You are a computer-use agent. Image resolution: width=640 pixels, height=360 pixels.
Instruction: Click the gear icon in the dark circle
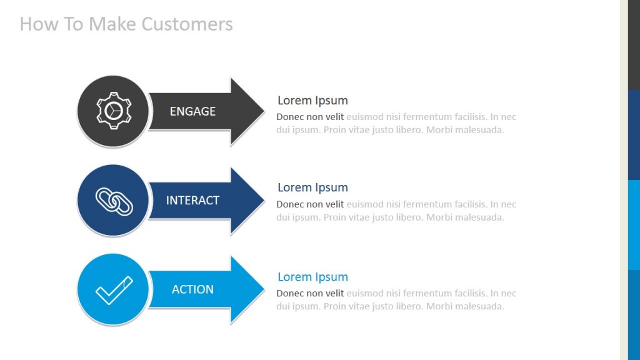pyautogui.click(x=113, y=111)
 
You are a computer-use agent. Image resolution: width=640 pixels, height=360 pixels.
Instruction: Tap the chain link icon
pyautogui.click(x=113, y=201)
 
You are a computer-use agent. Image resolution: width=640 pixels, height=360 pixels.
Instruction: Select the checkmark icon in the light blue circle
pyautogui.click(x=113, y=290)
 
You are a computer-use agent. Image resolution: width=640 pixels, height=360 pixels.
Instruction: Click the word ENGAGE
pyautogui.click(x=192, y=111)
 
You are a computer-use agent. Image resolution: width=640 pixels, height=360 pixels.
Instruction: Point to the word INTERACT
pyautogui.click(x=192, y=201)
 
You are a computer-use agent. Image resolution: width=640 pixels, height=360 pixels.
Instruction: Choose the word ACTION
pyautogui.click(x=192, y=289)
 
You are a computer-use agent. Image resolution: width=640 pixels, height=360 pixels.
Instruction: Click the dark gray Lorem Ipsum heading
pyautogui.click(x=312, y=101)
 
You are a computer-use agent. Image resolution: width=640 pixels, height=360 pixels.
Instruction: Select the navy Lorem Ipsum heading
pyautogui.click(x=312, y=187)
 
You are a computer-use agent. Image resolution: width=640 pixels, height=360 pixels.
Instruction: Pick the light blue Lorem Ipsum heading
pyautogui.click(x=312, y=277)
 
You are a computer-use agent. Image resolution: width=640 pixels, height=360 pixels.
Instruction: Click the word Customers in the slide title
pyautogui.click(x=187, y=24)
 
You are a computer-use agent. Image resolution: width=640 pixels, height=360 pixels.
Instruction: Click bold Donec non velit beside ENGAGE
pyautogui.click(x=310, y=117)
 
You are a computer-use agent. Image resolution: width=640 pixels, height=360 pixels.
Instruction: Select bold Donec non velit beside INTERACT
pyautogui.click(x=310, y=204)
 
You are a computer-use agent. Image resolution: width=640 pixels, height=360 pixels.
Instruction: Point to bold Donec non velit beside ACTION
pyautogui.click(x=310, y=293)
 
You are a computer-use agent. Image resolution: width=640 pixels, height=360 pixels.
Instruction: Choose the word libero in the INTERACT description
pyautogui.click(x=407, y=217)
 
